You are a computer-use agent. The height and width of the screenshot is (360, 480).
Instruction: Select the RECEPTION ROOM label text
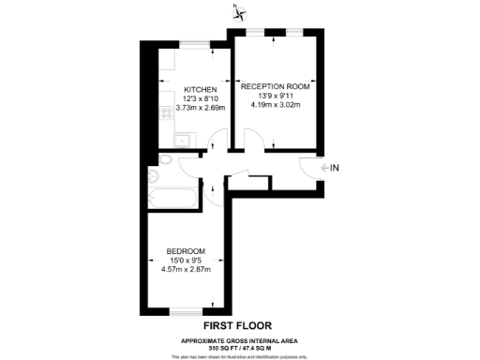click(280, 84)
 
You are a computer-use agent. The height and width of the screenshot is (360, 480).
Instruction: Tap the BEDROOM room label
click(187, 251)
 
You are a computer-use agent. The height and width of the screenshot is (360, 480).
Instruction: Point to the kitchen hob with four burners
click(167, 113)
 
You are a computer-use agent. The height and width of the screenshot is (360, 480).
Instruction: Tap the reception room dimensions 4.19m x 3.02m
click(280, 103)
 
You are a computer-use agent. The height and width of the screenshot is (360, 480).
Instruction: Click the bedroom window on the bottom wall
click(185, 310)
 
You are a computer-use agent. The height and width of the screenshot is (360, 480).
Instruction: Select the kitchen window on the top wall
click(194, 43)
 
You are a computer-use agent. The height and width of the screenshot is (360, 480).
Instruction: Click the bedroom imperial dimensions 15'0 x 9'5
click(187, 261)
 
